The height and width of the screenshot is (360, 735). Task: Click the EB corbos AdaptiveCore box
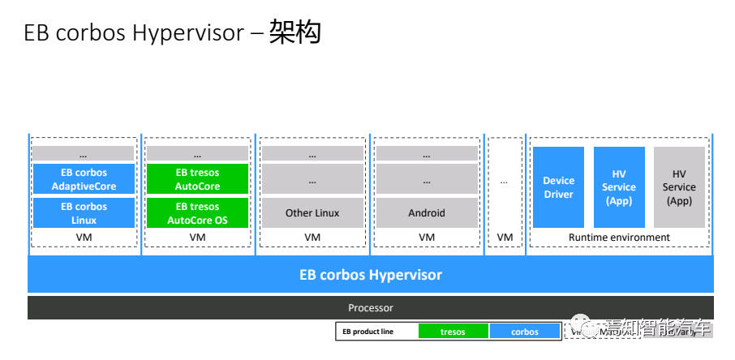[84, 179]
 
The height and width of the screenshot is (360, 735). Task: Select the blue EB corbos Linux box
[84, 213]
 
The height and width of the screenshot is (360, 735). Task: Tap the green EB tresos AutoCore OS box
[198, 213]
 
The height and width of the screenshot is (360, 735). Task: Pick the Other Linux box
[312, 213]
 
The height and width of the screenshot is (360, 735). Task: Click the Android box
[427, 213]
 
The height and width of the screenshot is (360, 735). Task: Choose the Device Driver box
[558, 187]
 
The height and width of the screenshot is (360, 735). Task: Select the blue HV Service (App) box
[619, 187]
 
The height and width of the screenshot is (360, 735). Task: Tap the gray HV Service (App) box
[679, 187]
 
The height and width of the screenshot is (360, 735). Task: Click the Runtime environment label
[618, 238]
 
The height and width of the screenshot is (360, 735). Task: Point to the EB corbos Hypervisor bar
[371, 275]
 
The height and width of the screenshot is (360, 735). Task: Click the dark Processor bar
[371, 308]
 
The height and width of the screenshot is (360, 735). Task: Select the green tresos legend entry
[453, 332]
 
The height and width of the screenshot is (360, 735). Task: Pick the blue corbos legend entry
[525, 332]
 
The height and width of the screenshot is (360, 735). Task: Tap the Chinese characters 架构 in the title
[295, 33]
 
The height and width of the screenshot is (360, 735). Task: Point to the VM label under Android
[427, 238]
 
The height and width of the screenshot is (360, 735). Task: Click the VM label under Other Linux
[312, 238]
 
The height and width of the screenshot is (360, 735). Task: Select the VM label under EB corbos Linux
[84, 238]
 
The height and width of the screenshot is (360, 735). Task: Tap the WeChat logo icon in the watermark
[608, 328]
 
